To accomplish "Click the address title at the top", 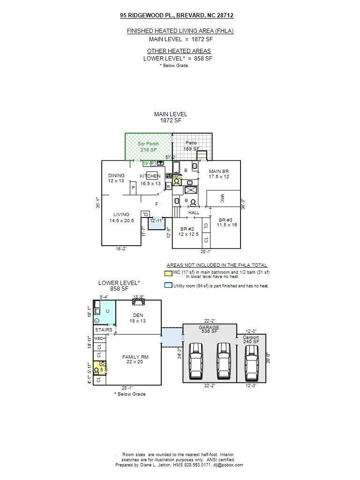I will tap(177, 15).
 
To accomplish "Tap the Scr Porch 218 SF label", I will tap(148, 147).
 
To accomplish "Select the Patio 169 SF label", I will tap(191, 145).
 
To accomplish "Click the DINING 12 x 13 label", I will tap(116, 178).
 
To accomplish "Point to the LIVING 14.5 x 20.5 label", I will tap(121, 217).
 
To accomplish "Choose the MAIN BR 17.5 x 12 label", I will tap(219, 174).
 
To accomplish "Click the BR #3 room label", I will tap(227, 222).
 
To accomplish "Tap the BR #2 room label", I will tap(188, 232).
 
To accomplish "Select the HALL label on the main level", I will tap(194, 213).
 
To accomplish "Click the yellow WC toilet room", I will tap(177, 180).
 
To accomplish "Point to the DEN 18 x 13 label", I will tap(138, 318).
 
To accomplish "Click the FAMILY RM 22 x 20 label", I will tap(135, 359).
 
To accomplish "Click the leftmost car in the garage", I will tap(196, 361).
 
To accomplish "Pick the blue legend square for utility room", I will tap(168, 285).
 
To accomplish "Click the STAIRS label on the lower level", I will tap(104, 330).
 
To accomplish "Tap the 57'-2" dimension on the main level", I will tap(171, 157).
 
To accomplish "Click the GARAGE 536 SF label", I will tap(209, 329).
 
